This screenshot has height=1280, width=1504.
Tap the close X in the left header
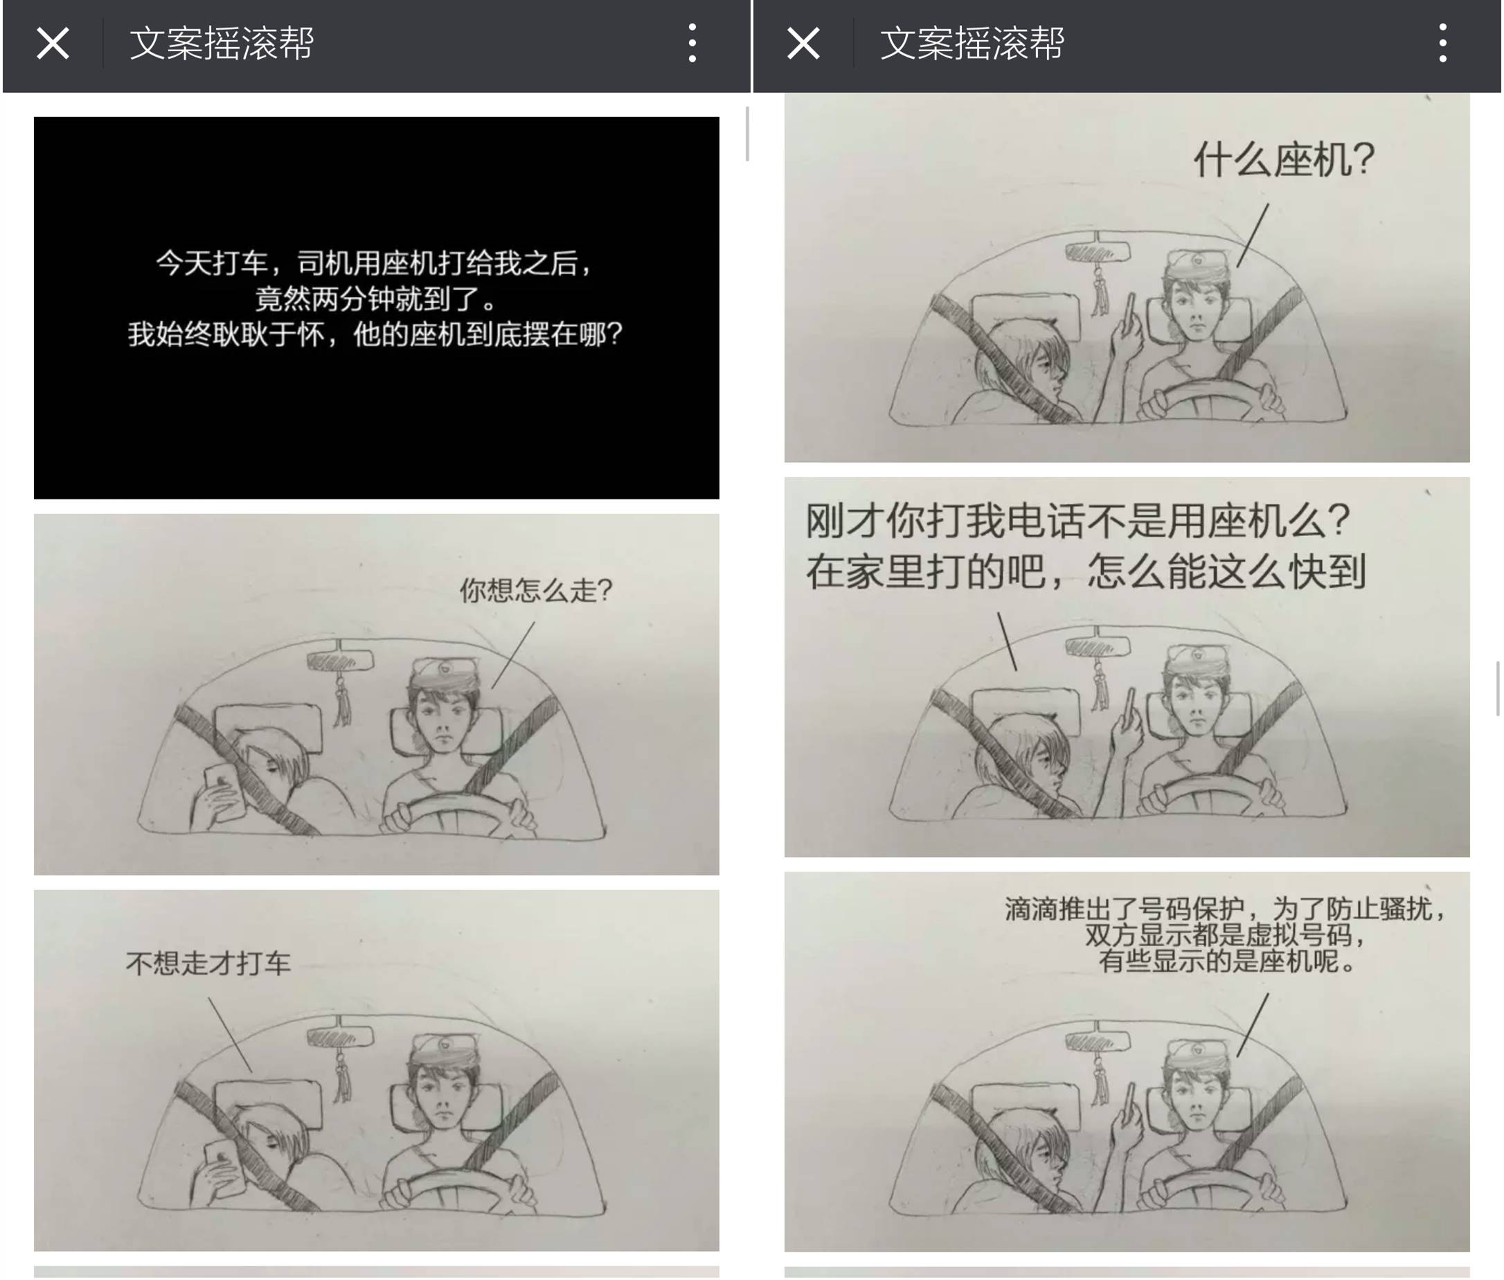pyautogui.click(x=53, y=44)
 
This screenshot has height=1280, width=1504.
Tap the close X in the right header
pyautogui.click(x=803, y=44)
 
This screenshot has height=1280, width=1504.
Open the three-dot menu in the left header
pyautogui.click(x=692, y=44)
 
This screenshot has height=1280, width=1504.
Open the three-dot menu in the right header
pyautogui.click(x=1442, y=44)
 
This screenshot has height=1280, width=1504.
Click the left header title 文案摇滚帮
pyautogui.click(x=222, y=44)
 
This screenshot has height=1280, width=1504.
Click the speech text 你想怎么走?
pyautogui.click(x=536, y=590)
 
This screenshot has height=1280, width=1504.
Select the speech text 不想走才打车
pyautogui.click(x=208, y=963)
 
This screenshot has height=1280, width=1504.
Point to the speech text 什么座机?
pyautogui.click(x=1284, y=159)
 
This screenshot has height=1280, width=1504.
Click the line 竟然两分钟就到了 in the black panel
pyautogui.click(x=375, y=299)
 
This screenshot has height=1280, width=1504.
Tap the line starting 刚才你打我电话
pyautogui.click(x=1077, y=520)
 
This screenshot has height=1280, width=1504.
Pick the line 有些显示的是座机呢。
pyautogui.click(x=1226, y=961)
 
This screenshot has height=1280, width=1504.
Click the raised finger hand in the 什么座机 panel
pyautogui.click(x=1127, y=326)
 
